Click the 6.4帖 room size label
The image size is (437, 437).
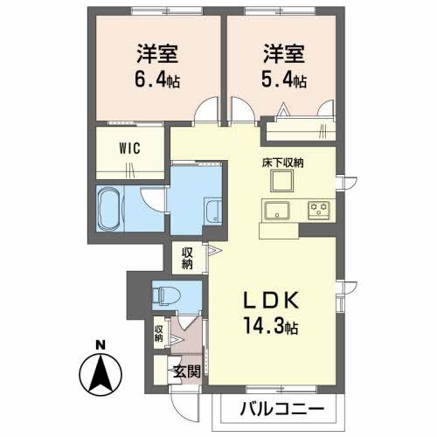(x=157, y=80)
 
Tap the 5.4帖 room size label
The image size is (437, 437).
(x=281, y=80)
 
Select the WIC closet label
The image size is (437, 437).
(x=130, y=147)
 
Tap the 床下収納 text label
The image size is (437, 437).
(x=281, y=163)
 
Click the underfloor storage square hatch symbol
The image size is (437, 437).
(x=281, y=182)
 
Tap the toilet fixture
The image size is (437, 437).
(x=162, y=295)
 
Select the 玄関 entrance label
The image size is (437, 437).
(x=186, y=371)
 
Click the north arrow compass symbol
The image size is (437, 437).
(x=102, y=374)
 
